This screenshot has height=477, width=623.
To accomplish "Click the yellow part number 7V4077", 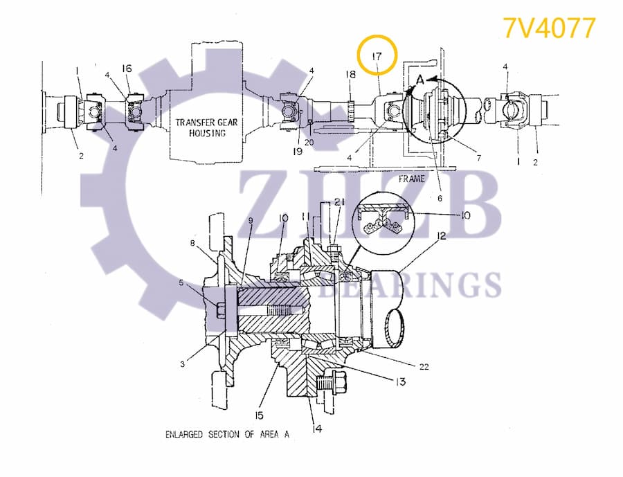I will tap(548, 28).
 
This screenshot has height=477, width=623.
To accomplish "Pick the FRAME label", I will tap(411, 179).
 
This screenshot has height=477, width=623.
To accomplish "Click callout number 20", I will tap(309, 142).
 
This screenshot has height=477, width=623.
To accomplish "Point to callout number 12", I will tap(440, 237).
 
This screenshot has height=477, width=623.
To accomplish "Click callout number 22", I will tap(424, 367).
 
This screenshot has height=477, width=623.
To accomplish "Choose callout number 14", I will tap(316, 429).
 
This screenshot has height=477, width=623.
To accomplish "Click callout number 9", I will tap(250, 220).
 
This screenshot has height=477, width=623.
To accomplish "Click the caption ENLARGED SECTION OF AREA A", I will tap(226, 435).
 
